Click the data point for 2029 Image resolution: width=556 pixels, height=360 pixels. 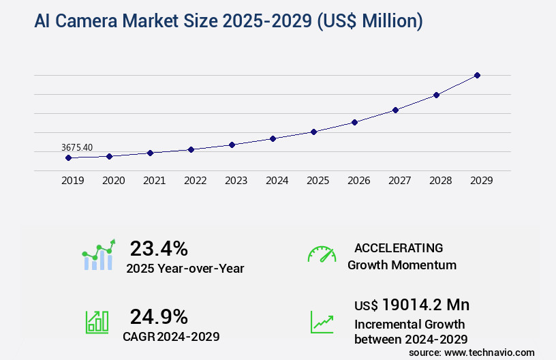click(477, 75)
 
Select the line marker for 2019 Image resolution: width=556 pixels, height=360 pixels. click(68, 157)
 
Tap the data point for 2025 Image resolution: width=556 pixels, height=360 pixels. click(313, 132)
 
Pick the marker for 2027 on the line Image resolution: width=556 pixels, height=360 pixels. click(395, 110)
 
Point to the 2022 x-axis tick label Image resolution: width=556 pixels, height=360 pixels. click(196, 181)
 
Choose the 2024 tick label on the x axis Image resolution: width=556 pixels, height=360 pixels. click(277, 181)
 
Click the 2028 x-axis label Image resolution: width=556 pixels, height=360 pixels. click(441, 181)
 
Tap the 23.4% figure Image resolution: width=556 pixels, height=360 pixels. click(159, 248)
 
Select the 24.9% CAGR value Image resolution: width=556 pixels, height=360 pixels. click(159, 316)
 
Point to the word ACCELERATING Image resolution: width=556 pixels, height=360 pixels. click(399, 248)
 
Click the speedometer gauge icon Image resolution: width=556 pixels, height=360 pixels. click(322, 254)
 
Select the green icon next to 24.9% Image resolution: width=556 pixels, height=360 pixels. click(97, 322)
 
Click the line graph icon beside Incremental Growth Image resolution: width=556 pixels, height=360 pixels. click(322, 322)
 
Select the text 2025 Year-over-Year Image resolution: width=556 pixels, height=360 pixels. click(185, 269)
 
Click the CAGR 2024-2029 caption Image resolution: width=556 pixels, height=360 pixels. click(171, 336)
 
